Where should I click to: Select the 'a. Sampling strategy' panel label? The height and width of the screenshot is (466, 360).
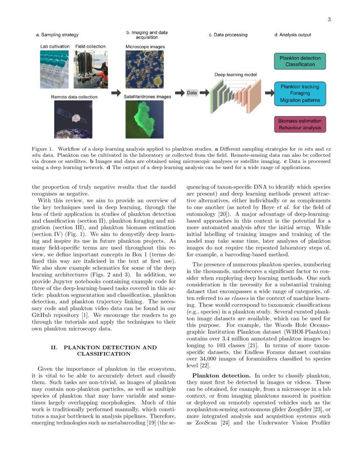pyautogui.click(x=57, y=35)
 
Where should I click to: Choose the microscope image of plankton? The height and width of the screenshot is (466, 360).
pyautogui.click(x=144, y=68)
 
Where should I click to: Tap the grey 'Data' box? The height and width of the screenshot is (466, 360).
pyautogui.click(x=192, y=93)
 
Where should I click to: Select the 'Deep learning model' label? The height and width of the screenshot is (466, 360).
pyautogui.click(x=235, y=75)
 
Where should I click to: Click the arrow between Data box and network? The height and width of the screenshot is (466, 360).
pyautogui.click(x=204, y=93)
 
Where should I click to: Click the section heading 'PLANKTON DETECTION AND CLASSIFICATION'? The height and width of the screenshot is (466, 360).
pyautogui.click(x=103, y=350)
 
